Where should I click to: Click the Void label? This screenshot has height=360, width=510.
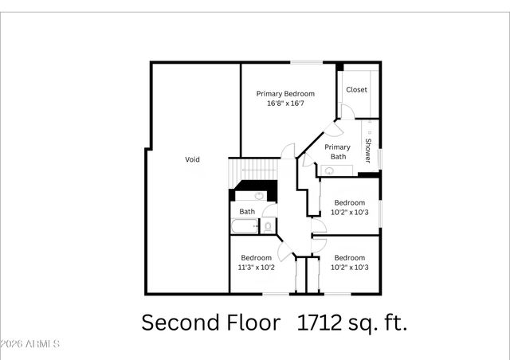coord(192,159)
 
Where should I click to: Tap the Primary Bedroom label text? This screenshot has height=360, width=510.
coord(285,93)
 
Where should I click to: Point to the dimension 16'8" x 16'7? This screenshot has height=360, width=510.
coord(285,104)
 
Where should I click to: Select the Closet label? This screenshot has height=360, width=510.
coord(356,89)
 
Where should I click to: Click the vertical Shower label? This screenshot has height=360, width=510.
coord(368,151)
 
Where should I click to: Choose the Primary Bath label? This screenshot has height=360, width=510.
coord(338,151)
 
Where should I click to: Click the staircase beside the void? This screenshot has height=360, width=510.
coord(253,170)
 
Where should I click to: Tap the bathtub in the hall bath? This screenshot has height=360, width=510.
coord(244,227)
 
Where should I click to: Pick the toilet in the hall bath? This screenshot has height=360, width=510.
coord(268,227)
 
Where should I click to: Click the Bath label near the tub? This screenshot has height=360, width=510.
coord(247,211)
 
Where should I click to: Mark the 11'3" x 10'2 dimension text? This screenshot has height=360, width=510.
coord(256,268)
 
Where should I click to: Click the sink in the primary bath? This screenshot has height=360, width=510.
coord(328,170)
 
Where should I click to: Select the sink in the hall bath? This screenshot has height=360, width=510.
coord(260,195)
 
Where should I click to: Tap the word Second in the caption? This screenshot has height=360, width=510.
coord(177,323)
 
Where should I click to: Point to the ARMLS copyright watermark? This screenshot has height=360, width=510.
coord(30,344)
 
